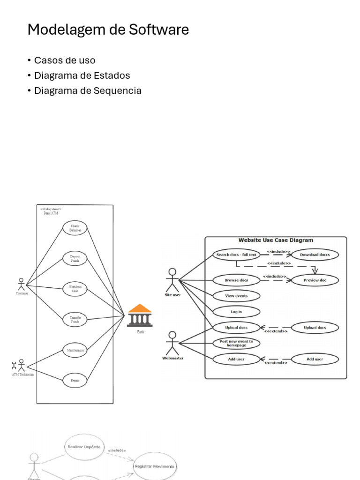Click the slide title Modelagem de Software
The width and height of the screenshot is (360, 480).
pyautogui.click(x=108, y=30)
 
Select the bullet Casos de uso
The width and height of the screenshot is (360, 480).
pyautogui.click(x=64, y=60)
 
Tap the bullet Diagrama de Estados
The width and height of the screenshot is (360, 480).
pyautogui.click(x=82, y=75)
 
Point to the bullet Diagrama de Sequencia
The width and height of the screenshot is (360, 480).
pyautogui.click(x=88, y=90)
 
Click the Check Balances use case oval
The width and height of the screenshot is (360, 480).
pyautogui.click(x=75, y=228)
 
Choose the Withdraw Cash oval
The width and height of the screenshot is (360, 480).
pyautogui.click(x=75, y=289)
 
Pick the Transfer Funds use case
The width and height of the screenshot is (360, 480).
pyautogui.click(x=75, y=320)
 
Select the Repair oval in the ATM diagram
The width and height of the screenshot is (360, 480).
pyautogui.click(x=75, y=380)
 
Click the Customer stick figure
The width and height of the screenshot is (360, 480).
pyautogui.click(x=21, y=285)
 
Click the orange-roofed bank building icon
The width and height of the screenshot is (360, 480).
pyautogui.click(x=140, y=315)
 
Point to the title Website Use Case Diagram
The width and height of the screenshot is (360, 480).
pyautogui.click(x=276, y=240)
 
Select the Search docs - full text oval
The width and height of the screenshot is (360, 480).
pyautogui.click(x=236, y=255)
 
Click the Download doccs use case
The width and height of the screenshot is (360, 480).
pyautogui.click(x=315, y=255)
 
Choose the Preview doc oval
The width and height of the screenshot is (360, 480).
pyautogui.click(x=315, y=280)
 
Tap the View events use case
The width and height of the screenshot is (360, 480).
pyautogui.click(x=236, y=296)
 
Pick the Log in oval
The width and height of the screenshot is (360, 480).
pyautogui.click(x=236, y=312)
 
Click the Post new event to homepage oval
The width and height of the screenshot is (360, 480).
pyautogui.click(x=236, y=344)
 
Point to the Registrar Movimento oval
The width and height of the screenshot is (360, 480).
pyautogui.click(x=154, y=466)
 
